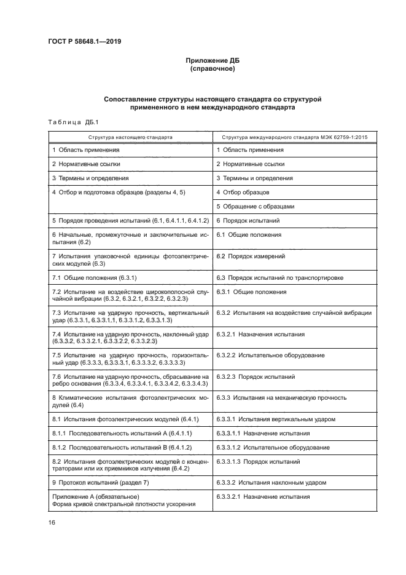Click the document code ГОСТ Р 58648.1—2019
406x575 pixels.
point(84,42)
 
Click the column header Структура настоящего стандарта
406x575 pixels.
point(130,137)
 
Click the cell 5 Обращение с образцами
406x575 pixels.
point(256,207)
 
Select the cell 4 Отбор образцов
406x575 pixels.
point(243,192)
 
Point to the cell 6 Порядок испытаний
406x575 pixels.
point(248,220)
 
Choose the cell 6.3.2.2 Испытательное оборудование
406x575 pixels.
point(271,355)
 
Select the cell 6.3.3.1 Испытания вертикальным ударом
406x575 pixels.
point(276,419)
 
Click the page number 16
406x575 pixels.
point(52,522)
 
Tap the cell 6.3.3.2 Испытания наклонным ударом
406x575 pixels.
point(271,482)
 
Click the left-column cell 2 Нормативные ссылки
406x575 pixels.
point(86,164)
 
